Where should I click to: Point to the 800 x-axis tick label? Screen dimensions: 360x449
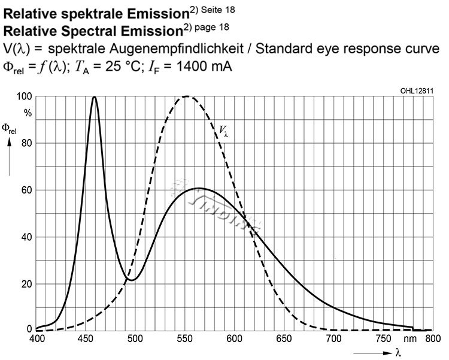pos(432,338)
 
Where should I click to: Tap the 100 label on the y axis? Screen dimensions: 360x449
pos(25,96)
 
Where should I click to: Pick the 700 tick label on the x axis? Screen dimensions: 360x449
pos(332,338)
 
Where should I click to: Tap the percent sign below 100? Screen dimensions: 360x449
pos(28,111)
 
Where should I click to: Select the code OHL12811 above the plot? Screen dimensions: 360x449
pos(417,90)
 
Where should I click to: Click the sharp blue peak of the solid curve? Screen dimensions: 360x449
pos(94,97)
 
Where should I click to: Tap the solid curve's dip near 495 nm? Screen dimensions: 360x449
pos(132,280)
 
